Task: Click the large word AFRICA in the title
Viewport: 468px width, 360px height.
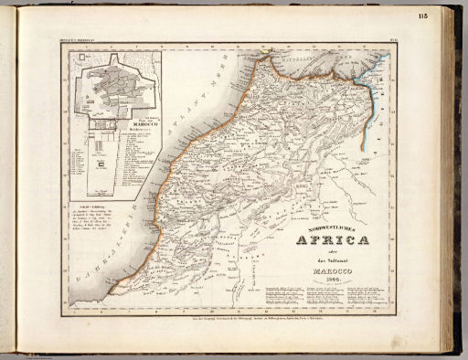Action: pyautogui.click(x=332, y=240)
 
